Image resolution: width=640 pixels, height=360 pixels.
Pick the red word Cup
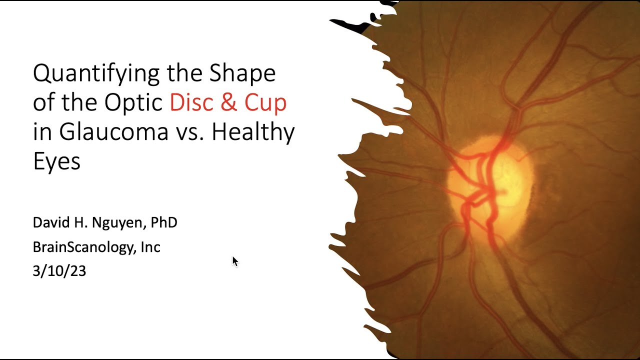[x=265, y=103]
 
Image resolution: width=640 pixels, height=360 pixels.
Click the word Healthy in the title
[x=252, y=132]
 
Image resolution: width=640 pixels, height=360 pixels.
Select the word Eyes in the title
[x=56, y=161]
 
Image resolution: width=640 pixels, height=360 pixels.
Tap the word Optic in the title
[x=134, y=103]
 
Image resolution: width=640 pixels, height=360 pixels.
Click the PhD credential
[x=164, y=222]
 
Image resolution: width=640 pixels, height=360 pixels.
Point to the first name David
[x=49, y=222]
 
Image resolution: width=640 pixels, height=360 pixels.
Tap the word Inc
[x=150, y=247]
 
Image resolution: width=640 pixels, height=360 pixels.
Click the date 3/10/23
[x=59, y=271]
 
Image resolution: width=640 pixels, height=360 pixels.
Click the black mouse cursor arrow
[x=235, y=261]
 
